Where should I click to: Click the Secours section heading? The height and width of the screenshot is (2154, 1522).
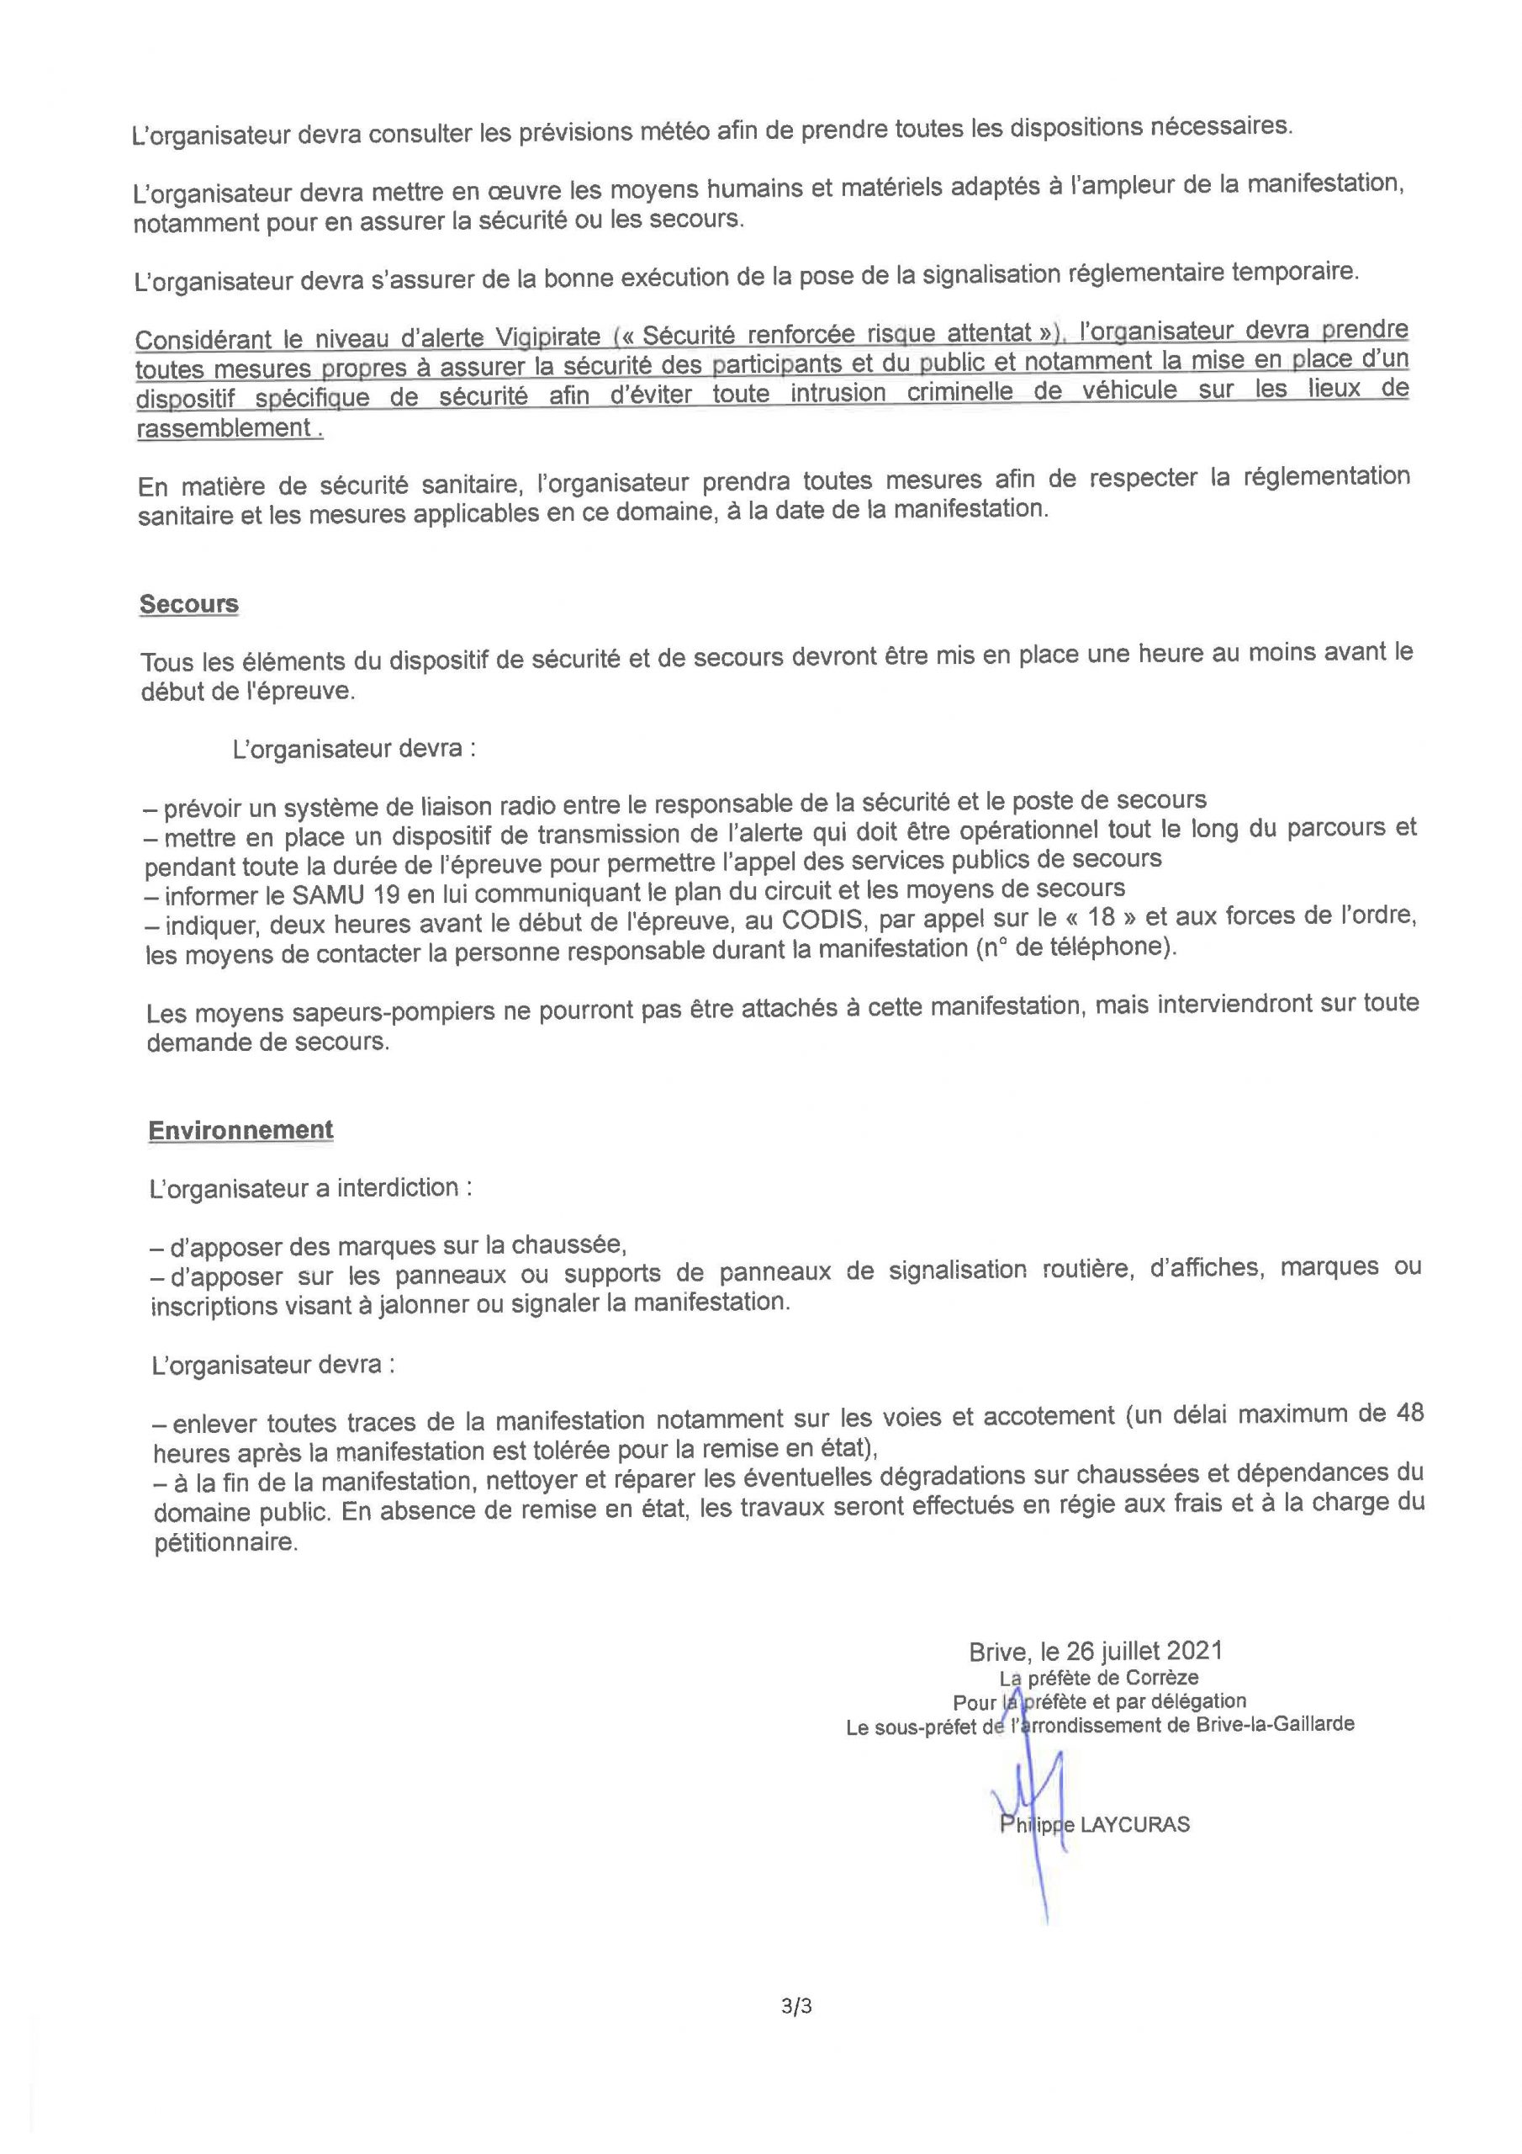(x=188, y=604)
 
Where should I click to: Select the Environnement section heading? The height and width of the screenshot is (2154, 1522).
(x=240, y=1129)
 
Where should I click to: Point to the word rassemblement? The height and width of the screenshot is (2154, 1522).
(x=223, y=427)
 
